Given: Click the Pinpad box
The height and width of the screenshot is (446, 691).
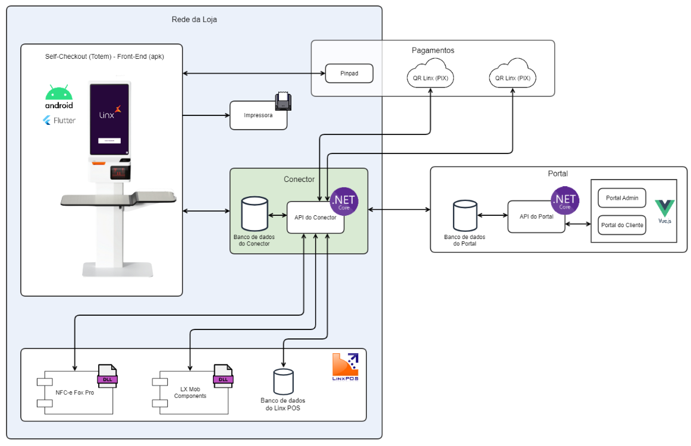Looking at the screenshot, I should [349, 73].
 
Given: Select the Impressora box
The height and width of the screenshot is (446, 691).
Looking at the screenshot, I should [258, 115].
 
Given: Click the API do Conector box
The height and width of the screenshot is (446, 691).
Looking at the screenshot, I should [315, 217].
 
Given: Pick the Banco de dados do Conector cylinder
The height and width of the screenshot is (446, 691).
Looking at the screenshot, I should [254, 215].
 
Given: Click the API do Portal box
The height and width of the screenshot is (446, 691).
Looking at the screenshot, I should [536, 216].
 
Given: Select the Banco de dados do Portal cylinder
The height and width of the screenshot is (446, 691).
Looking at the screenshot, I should [465, 216].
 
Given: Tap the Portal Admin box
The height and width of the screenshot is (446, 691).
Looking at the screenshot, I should [621, 198].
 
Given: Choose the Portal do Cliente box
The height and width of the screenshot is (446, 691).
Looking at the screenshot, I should [621, 225].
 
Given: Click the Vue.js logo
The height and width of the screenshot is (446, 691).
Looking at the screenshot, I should [665, 211].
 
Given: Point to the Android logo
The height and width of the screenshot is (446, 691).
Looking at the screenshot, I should [59, 97].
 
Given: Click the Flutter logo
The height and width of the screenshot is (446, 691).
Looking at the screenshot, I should [59, 120].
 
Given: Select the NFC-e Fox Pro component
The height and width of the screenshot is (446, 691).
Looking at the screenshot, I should [75, 392].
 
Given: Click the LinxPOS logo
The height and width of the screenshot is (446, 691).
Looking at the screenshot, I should [345, 367].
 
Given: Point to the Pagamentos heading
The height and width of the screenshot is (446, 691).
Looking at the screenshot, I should [433, 51].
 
